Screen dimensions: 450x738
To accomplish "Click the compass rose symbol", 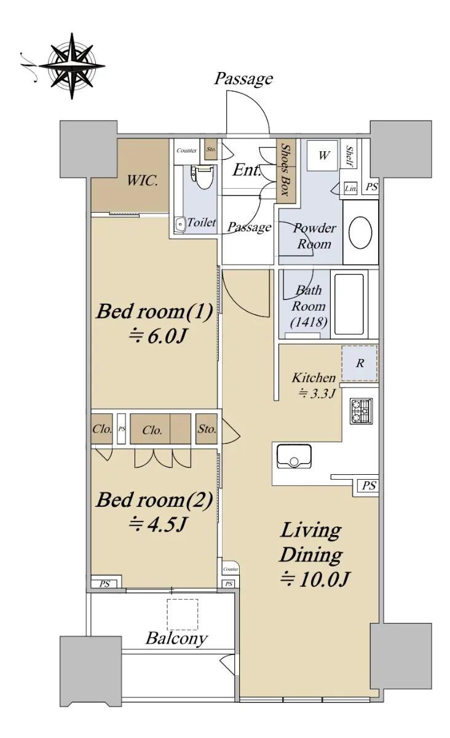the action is [72, 66].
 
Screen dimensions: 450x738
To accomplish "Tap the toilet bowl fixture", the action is [202, 177].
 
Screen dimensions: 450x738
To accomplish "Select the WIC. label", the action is [143, 181].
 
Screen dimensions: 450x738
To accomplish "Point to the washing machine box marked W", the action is [322, 155].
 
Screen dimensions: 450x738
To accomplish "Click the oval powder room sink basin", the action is [360, 232].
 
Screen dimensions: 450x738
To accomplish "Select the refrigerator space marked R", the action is [360, 363].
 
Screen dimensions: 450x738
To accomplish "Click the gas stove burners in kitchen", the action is [361, 411].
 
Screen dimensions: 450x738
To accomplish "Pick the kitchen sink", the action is [294, 456].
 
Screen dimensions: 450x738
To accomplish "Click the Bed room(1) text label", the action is [154, 311].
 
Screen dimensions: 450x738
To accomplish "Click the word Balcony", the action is [176, 638].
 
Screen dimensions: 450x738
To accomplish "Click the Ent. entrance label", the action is [247, 170].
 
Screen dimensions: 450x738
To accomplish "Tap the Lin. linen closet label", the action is [350, 188].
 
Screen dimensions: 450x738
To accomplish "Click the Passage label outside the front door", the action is [243, 79].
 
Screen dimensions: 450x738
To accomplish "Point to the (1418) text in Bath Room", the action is [309, 322].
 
